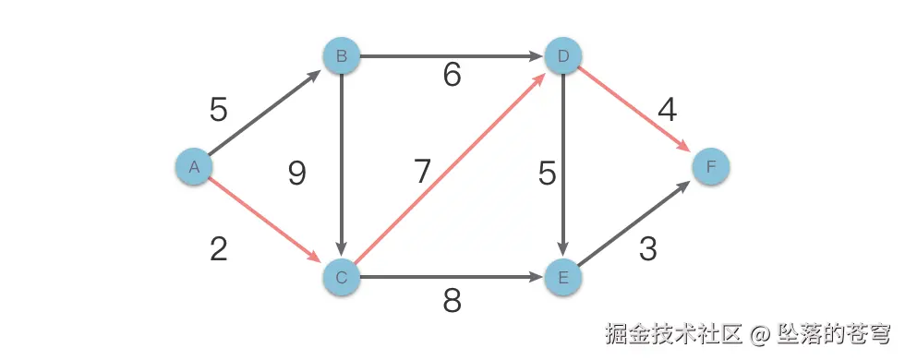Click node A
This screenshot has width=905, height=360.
[x=194, y=167]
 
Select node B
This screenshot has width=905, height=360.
[x=342, y=57]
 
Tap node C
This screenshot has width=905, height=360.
[x=342, y=276]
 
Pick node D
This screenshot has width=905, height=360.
[x=562, y=57]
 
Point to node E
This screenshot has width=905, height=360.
[x=562, y=276]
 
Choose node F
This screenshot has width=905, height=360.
[x=711, y=167]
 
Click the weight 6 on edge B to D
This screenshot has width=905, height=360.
[x=452, y=76]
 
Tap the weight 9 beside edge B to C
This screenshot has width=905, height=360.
[x=296, y=173]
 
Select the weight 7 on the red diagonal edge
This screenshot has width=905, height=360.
[x=422, y=171]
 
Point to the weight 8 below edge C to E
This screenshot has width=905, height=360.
[x=452, y=301]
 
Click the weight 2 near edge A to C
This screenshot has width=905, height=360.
[x=219, y=249]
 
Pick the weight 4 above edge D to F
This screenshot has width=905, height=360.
[x=667, y=111]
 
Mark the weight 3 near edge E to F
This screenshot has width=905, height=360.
[x=648, y=249]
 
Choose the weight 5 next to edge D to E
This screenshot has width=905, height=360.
[x=548, y=173]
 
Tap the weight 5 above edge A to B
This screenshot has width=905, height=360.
[x=219, y=111]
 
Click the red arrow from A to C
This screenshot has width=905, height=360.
[x=268, y=222]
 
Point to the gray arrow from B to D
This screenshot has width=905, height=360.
[x=452, y=57]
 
